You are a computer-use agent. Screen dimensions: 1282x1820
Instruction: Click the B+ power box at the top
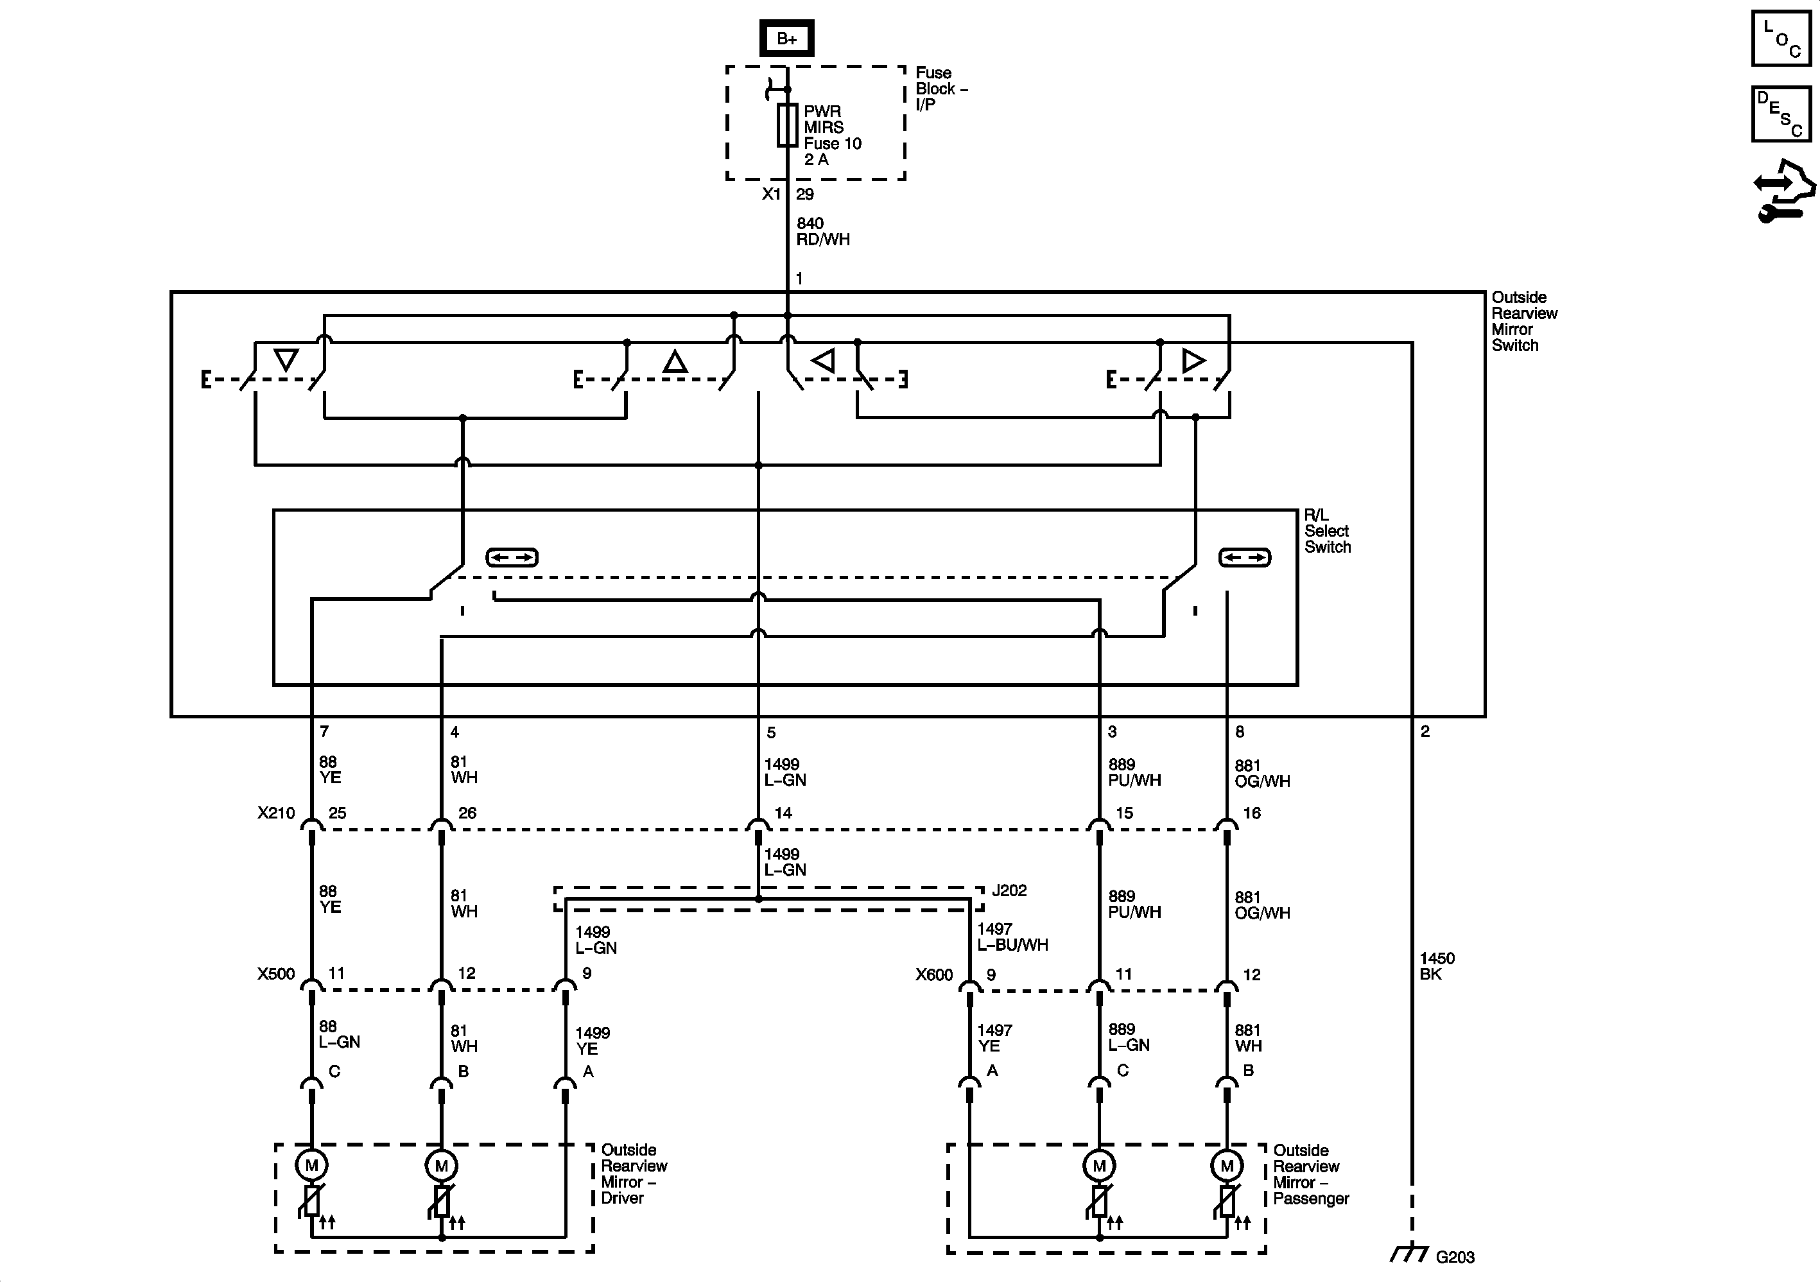click(786, 38)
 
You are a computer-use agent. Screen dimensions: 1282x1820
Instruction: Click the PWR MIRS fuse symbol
click(787, 125)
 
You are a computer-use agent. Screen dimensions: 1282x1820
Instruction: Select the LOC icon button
click(1780, 38)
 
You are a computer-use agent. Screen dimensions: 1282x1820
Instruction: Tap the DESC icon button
click(1780, 114)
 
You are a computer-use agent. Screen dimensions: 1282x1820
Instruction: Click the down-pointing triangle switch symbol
click(286, 360)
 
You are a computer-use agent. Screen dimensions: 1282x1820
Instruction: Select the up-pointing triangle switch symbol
click(675, 362)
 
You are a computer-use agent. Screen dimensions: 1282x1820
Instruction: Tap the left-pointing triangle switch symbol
click(824, 361)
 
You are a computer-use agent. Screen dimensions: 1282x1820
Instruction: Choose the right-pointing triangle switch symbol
click(1193, 361)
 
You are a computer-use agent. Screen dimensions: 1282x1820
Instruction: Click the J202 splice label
click(1009, 890)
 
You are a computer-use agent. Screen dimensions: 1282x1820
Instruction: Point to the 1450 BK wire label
click(1436, 966)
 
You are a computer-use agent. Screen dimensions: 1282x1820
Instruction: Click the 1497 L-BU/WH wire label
click(1012, 937)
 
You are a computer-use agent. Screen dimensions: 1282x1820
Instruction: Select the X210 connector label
click(276, 813)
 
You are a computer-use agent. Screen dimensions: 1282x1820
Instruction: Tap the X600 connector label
click(934, 974)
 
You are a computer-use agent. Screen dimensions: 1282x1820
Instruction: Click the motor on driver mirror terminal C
click(311, 1165)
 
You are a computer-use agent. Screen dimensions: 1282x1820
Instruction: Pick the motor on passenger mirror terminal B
click(1226, 1165)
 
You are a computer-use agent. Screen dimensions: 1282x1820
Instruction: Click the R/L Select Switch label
click(1327, 531)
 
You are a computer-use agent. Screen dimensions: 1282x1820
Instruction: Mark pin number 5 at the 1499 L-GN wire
click(770, 732)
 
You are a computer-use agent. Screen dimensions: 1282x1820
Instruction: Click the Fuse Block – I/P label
click(941, 89)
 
